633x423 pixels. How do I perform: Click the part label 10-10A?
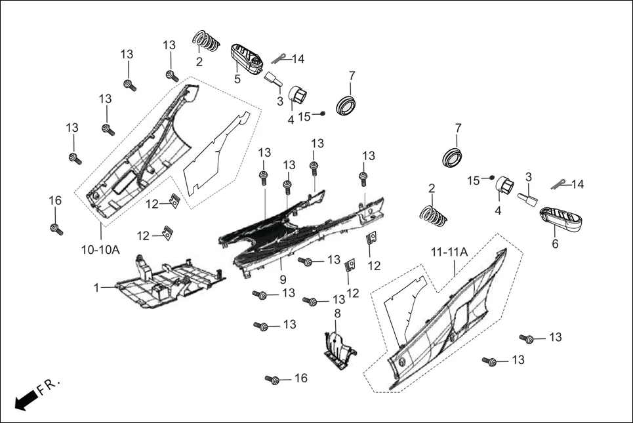pyautogui.click(x=100, y=250)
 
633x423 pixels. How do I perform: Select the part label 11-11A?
pyautogui.click(x=449, y=251)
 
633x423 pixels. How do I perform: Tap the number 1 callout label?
pyautogui.click(x=96, y=287)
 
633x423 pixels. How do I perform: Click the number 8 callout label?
pyautogui.click(x=337, y=313)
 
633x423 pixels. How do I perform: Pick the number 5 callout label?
pyautogui.click(x=237, y=79)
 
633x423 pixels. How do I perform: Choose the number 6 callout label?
pyautogui.click(x=555, y=243)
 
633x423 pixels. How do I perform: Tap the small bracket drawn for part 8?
pyautogui.click(x=340, y=348)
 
